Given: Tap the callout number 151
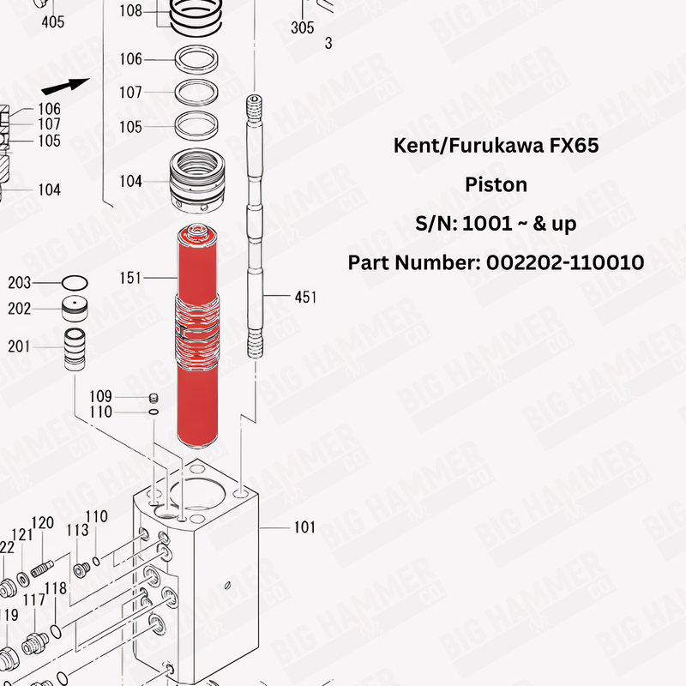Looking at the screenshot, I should (131, 278).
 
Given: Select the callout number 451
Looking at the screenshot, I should (305, 298).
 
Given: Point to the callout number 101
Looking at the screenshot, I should (304, 527).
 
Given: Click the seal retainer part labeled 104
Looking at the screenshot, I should (199, 182).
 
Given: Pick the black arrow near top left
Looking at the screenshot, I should (65, 86).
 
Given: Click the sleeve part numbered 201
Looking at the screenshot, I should (75, 347).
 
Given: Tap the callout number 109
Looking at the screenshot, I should (101, 396).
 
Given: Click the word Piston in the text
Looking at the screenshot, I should (496, 184).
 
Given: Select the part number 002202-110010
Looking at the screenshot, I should (565, 262).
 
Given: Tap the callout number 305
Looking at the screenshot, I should (303, 28).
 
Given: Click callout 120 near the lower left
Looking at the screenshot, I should (43, 523).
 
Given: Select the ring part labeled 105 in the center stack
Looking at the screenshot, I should (198, 126).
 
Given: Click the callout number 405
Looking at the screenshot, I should (53, 22).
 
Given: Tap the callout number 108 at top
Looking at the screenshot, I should (131, 11).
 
